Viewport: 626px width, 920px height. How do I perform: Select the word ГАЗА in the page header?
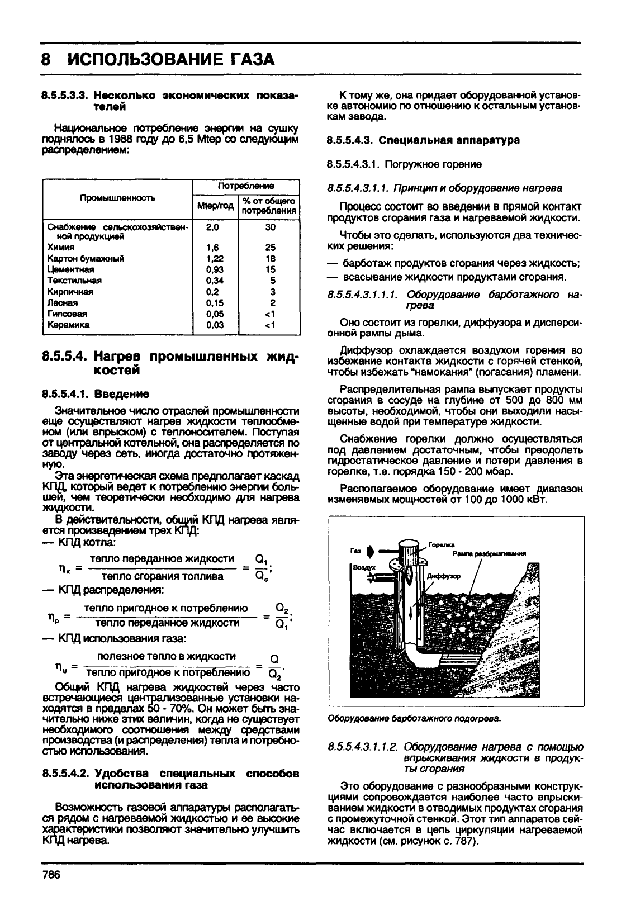coord(243,59)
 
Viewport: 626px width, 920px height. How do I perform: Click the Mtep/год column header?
coord(215,205)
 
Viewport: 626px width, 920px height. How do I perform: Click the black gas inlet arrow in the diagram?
coord(369,551)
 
